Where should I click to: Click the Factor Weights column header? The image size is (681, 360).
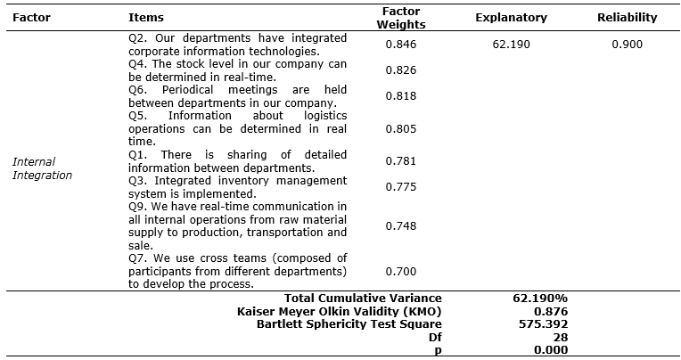[x=400, y=17]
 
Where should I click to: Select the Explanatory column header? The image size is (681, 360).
[x=511, y=17]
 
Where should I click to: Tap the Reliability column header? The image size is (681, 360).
[x=627, y=17]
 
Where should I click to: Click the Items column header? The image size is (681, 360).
[x=146, y=17]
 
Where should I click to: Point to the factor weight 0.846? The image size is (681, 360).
[x=400, y=44]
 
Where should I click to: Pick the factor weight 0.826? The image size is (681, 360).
[x=400, y=70]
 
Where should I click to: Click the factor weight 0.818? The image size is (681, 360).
[x=400, y=95]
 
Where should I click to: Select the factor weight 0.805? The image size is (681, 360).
[x=400, y=128]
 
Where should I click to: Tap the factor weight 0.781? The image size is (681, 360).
[x=400, y=160]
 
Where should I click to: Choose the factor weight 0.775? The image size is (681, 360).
[x=400, y=186]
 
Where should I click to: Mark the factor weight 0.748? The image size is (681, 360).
[x=400, y=225]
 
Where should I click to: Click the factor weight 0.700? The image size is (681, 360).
[x=400, y=270]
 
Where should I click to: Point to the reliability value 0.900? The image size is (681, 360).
[x=627, y=44]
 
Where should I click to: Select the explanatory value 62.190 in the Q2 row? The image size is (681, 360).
[x=511, y=44]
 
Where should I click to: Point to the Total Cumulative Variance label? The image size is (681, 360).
[x=363, y=298]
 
